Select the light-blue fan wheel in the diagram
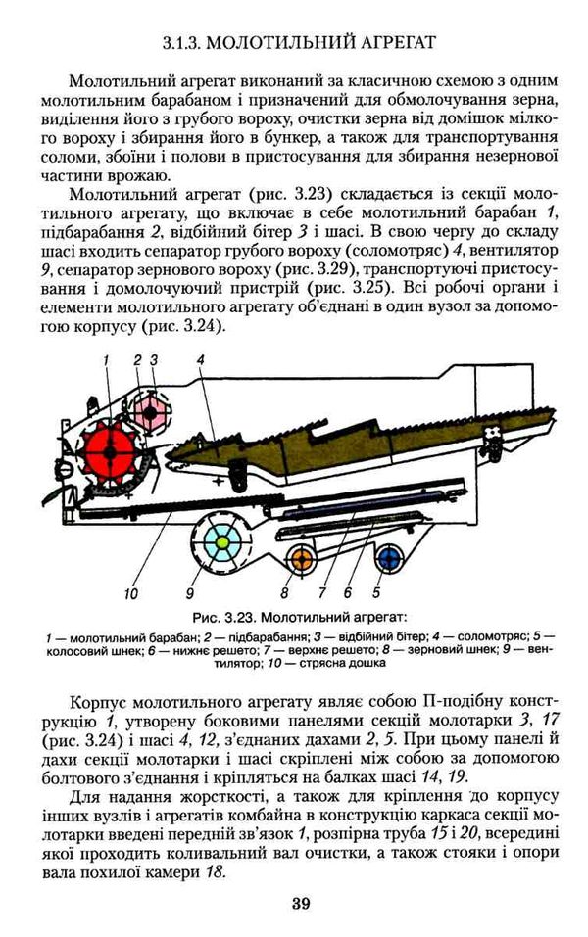(x=222, y=541)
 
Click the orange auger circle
(x=301, y=559)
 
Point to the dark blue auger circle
(x=390, y=559)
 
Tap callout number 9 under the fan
(x=190, y=592)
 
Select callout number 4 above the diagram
(x=199, y=359)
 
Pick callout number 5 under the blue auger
(x=375, y=592)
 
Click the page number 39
(x=301, y=903)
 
